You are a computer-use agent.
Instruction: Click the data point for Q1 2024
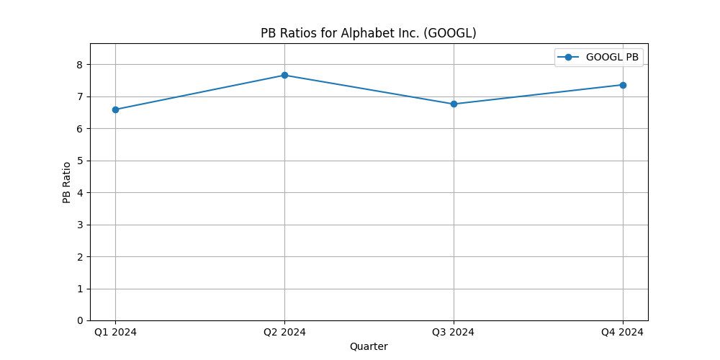point(115,109)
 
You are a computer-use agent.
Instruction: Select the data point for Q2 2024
point(284,75)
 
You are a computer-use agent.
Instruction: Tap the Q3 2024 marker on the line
point(454,104)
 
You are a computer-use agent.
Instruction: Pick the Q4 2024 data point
point(623,85)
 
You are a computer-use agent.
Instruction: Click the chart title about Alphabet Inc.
point(369,33)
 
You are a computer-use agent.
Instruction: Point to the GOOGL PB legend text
point(612,58)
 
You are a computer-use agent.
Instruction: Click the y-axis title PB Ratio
point(67,182)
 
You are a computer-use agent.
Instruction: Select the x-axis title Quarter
point(369,346)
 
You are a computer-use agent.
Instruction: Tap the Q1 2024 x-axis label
point(115,332)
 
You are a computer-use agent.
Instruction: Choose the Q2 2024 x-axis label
point(284,332)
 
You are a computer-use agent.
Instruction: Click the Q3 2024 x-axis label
point(454,332)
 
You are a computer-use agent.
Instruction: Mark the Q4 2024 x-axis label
point(623,332)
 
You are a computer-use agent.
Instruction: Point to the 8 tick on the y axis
point(80,65)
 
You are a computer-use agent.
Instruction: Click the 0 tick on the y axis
point(80,320)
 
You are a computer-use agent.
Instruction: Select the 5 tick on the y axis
point(80,161)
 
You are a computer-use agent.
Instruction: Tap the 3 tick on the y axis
point(80,225)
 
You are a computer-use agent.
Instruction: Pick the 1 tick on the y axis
point(80,289)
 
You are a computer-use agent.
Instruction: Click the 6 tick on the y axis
point(80,129)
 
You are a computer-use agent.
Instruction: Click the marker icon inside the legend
point(569,58)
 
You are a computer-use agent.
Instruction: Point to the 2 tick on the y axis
point(80,256)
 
